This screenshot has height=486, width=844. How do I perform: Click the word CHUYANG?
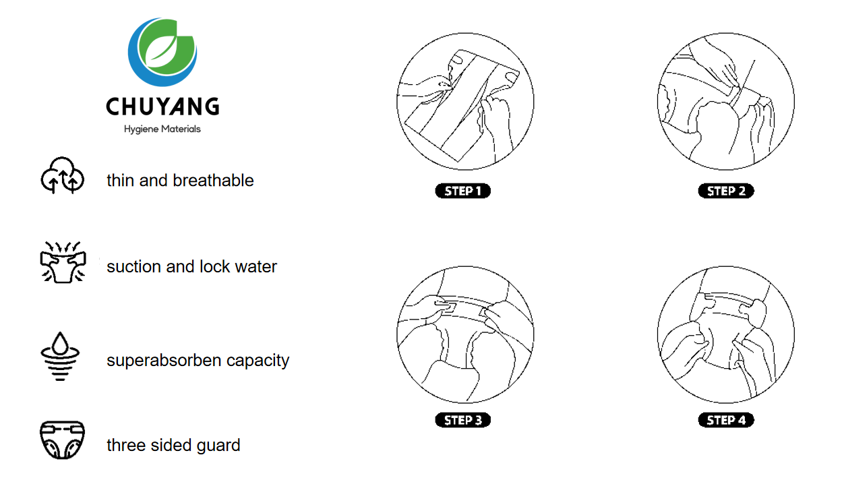162,107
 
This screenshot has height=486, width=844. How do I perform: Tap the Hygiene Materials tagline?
162,129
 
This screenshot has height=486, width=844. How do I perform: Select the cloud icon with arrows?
62,176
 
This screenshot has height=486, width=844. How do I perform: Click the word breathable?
213,181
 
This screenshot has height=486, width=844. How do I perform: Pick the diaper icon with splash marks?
62,262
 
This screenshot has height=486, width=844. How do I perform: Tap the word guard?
219,446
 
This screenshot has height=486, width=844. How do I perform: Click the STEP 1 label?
463,191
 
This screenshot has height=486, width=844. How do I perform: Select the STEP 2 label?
726,191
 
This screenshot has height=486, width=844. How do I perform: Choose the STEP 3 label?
463,420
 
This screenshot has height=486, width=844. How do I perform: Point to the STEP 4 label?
726,420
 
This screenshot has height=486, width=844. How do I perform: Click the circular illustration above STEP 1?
465,102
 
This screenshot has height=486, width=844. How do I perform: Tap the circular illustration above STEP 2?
725,102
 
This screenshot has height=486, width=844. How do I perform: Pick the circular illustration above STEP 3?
465,334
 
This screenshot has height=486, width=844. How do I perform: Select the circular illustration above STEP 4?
725,334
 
